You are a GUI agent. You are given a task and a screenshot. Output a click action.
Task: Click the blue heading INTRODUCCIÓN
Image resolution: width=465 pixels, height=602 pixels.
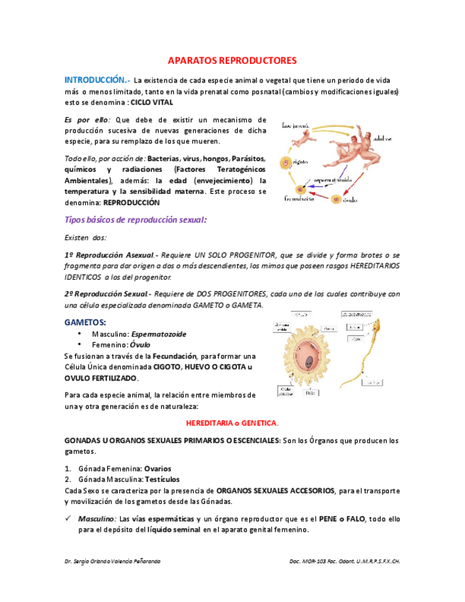click(x=95, y=80)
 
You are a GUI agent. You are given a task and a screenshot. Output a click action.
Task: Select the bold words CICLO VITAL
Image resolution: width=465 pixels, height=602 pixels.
click(x=152, y=102)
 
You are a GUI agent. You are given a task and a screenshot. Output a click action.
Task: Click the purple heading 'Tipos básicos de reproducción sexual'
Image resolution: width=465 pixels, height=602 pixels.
click(x=136, y=220)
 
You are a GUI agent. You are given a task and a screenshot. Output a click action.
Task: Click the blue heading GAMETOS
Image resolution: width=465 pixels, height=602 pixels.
click(x=85, y=322)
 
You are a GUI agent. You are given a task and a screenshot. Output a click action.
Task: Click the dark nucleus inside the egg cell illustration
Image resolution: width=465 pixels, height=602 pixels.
click(x=310, y=361)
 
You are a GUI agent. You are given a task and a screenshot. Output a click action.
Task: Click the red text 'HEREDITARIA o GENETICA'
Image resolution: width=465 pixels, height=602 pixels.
click(x=232, y=422)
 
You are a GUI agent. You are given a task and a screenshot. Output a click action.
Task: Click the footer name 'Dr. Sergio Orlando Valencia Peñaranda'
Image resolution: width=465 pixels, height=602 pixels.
click(x=112, y=561)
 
